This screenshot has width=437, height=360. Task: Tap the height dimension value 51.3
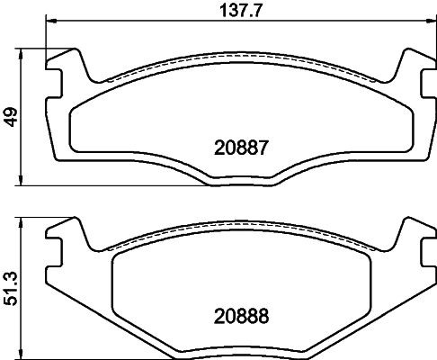pos(11,285)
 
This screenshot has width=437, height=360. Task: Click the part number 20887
pos(240,146)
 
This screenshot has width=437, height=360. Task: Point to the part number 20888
pos(240,316)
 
